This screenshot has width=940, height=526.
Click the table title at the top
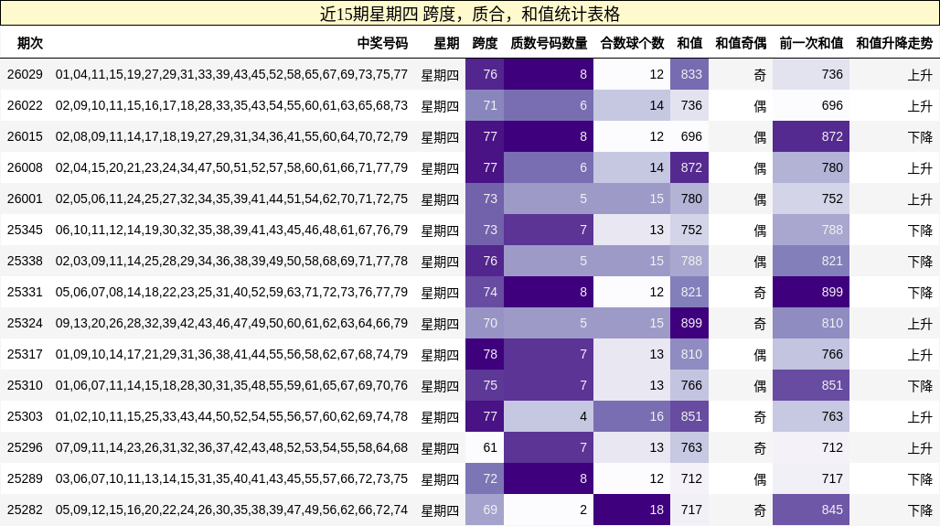pos(470,14)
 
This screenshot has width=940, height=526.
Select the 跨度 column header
pos(485,43)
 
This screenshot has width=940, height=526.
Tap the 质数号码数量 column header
pos(549,43)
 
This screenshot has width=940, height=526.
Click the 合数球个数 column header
pos(632,43)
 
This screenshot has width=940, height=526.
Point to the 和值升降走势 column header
pos(894,43)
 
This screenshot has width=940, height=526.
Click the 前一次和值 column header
pos(811,43)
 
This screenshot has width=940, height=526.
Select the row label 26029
pos(25,74)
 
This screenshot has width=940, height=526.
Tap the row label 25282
pos(25,510)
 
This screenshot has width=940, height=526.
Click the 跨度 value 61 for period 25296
pos(490,447)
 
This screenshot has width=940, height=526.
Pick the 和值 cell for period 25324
pos(690,323)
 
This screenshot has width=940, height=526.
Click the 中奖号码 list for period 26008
pos(231,167)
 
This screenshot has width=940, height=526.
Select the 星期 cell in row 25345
pos(440,230)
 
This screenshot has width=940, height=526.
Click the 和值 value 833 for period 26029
pos(690,74)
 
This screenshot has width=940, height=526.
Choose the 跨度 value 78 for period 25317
pos(490,354)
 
